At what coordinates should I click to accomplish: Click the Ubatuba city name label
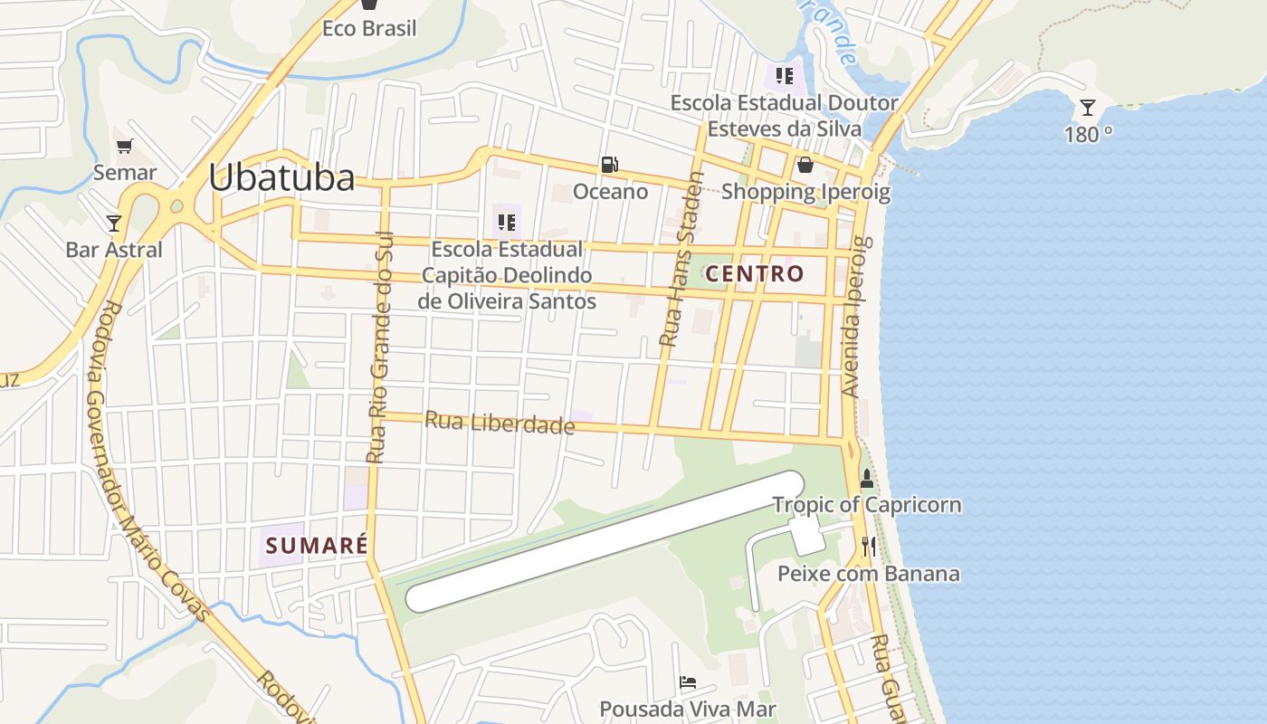[281, 177]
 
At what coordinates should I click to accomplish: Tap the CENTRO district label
[755, 273]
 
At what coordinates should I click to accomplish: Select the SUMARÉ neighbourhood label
[316, 545]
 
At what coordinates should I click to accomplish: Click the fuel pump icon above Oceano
[610, 165]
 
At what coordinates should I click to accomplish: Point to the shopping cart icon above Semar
[125, 146]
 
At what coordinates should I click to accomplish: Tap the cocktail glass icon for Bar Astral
[113, 223]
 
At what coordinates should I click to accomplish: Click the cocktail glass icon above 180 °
[1088, 109]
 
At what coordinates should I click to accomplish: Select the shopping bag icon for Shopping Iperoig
[805, 165]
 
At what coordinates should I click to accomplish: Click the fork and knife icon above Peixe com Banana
[869, 546]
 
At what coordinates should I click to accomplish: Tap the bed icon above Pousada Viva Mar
[688, 681]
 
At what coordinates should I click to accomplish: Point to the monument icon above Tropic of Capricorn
[867, 477]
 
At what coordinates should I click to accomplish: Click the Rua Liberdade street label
[500, 422]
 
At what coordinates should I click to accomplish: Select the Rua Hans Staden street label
[681, 260]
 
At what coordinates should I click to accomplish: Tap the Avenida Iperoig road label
[854, 317]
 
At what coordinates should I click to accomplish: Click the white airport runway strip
[605, 541]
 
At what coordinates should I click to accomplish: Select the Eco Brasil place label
[369, 28]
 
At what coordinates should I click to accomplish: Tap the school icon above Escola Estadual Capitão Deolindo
[507, 222]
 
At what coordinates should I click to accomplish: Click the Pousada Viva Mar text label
[688, 709]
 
